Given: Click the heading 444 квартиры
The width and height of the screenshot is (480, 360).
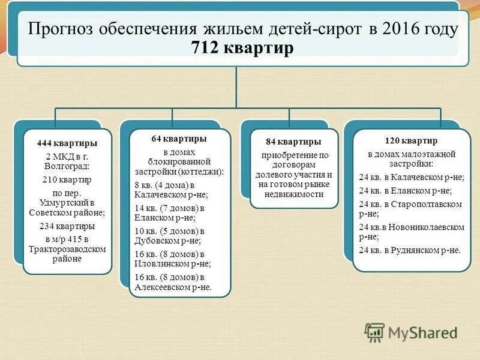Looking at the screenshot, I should (67, 143).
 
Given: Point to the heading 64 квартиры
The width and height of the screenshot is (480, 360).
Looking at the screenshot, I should (179, 139).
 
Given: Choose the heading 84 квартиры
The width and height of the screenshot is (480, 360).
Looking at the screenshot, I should (293, 142).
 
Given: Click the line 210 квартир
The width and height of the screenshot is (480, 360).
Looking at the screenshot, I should (67, 179).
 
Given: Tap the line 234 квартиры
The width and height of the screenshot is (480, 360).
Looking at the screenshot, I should (67, 226).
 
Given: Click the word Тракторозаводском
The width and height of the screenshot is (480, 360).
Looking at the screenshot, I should (67, 248).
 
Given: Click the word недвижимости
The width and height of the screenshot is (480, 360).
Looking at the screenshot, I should (293, 194).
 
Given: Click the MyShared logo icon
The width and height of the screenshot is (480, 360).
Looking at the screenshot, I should (375, 332).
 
